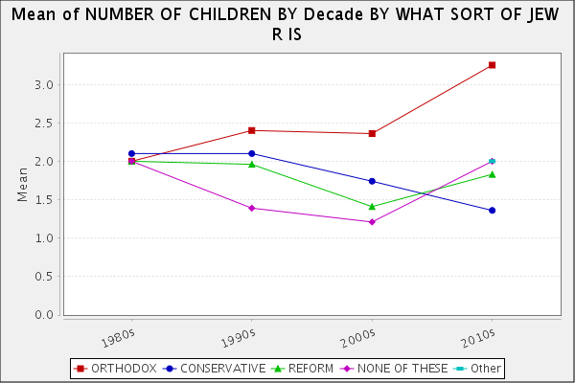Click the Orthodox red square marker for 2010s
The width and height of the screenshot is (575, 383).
pyautogui.click(x=492, y=65)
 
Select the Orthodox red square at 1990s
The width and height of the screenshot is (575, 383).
pyautogui.click(x=251, y=130)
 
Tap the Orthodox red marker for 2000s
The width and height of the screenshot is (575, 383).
pyautogui.click(x=372, y=133)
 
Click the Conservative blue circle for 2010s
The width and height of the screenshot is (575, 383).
pyautogui.click(x=492, y=210)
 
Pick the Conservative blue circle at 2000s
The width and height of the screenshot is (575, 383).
pyautogui.click(x=372, y=181)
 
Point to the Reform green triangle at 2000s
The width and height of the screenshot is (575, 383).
pyautogui.click(x=372, y=206)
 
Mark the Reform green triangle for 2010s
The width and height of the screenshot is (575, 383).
pyautogui.click(x=492, y=174)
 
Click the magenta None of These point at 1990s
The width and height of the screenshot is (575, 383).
pyautogui.click(x=251, y=208)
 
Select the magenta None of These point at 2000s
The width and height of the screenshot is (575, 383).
pyautogui.click(x=372, y=222)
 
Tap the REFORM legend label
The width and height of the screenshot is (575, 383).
pyautogui.click(x=310, y=368)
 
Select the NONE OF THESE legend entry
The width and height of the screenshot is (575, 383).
pyautogui.click(x=394, y=368)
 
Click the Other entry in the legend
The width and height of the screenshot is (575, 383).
pyautogui.click(x=485, y=368)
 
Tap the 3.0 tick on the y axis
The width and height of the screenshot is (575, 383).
pyautogui.click(x=43, y=85)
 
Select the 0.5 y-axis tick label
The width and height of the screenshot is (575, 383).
pyautogui.click(x=43, y=277)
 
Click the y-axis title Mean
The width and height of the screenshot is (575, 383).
pyautogui.click(x=22, y=184)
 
